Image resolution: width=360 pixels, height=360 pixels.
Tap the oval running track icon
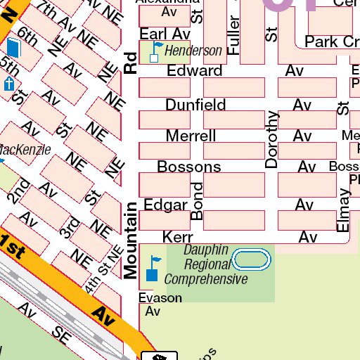[x=251, y=260]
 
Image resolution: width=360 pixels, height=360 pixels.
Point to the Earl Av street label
[x=165, y=34]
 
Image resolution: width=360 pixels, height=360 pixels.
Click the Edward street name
[x=194, y=71]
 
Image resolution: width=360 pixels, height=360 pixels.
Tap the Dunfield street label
[x=195, y=105]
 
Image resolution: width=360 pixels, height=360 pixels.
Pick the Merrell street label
[x=191, y=136]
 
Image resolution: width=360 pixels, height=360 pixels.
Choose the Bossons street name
[x=188, y=167]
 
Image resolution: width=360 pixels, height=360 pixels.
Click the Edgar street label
[x=165, y=205]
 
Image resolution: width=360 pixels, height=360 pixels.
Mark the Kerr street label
[x=177, y=237]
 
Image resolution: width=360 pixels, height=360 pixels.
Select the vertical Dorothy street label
[x=271, y=139]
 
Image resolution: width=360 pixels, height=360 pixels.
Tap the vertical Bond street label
[x=198, y=201]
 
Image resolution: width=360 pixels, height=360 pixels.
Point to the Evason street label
[x=160, y=298]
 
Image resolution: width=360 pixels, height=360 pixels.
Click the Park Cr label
[x=331, y=42]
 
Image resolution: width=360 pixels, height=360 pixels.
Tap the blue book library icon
[x=13, y=49]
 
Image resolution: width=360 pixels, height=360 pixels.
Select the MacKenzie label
[x=24, y=150]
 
